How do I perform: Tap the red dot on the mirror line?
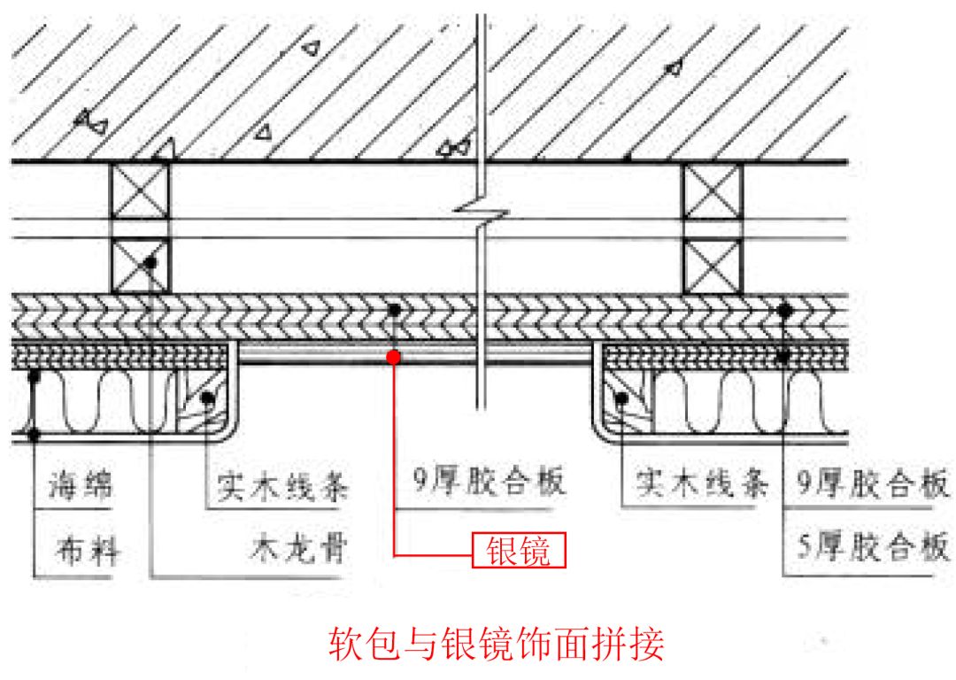click(x=394, y=357)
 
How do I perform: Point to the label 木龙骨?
click(x=295, y=552)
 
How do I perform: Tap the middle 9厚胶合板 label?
click(x=489, y=483)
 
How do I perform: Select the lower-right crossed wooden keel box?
click(x=713, y=266)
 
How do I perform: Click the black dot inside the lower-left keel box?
click(x=151, y=263)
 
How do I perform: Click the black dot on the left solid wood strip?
click(x=207, y=398)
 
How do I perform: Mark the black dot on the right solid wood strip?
click(x=622, y=399)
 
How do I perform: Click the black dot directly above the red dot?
click(x=394, y=309)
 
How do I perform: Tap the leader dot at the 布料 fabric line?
click(x=35, y=435)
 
